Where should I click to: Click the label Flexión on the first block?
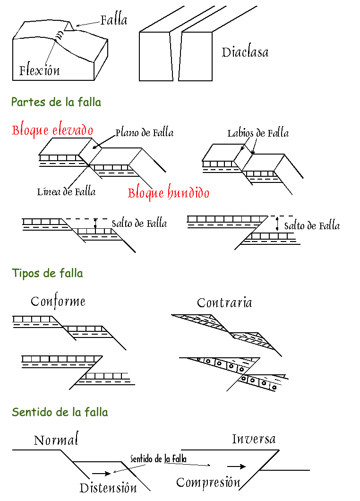(39, 71)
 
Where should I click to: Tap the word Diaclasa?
(245, 52)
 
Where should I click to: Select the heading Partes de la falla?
(56, 102)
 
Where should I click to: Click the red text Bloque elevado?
(52, 130)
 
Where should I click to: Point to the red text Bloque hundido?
(168, 193)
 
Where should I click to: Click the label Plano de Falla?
(144, 133)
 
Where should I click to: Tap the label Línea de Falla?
(66, 191)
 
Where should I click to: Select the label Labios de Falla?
(257, 133)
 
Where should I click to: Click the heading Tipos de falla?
(47, 273)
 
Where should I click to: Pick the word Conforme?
(58, 302)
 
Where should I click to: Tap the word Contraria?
(224, 302)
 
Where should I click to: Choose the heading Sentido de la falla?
(60, 412)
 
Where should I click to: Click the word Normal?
(56, 441)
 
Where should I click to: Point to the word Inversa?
(254, 439)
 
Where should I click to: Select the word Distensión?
(108, 488)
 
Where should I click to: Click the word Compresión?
(208, 483)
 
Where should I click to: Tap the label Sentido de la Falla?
(158, 459)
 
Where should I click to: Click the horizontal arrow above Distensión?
(101, 473)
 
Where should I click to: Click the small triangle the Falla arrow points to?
(69, 27)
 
